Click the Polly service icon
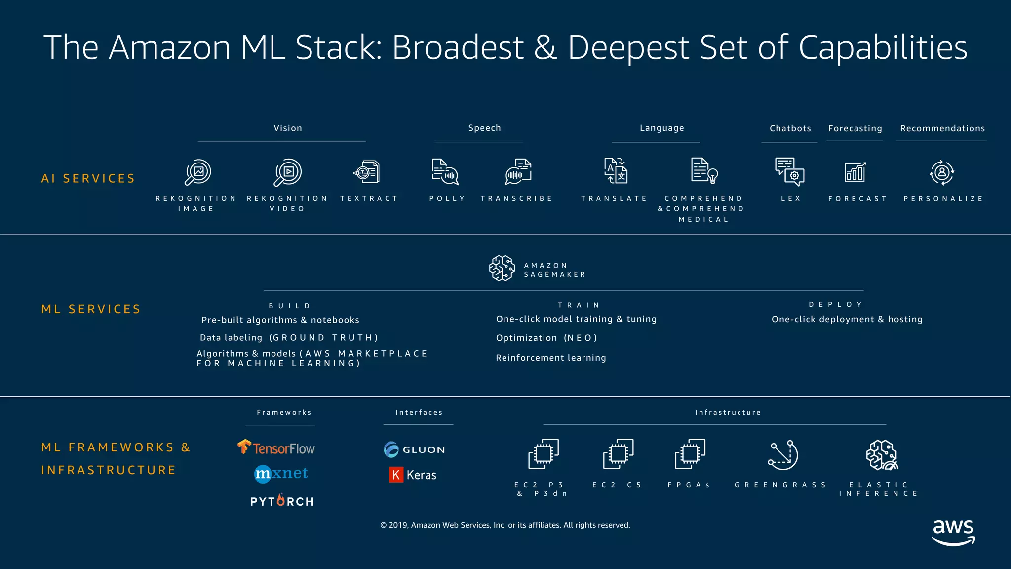click(445, 172)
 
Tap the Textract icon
click(367, 172)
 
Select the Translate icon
click(616, 171)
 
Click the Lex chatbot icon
click(789, 171)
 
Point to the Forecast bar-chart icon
click(855, 172)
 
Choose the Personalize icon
click(942, 172)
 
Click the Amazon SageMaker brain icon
click(502, 268)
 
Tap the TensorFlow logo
click(276, 447)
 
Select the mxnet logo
click(281, 473)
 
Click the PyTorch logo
click(282, 501)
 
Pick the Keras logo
click(413, 475)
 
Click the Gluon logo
click(414, 449)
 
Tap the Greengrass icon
click(783, 455)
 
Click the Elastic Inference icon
click(882, 455)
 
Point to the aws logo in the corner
click(953, 532)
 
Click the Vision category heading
click(288, 128)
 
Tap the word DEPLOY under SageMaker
click(836, 304)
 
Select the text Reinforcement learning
click(550, 358)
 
